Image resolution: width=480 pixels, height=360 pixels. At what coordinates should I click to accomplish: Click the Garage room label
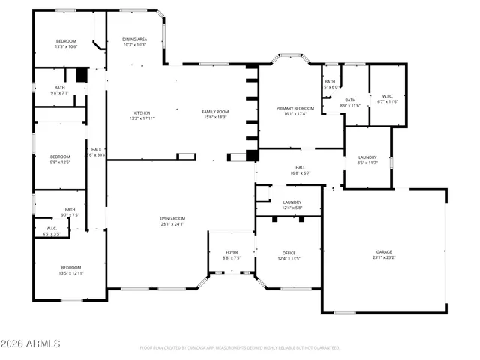(384, 251)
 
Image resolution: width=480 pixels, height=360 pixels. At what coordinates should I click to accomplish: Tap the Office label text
(289, 253)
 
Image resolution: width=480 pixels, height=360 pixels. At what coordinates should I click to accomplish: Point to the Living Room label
(172, 218)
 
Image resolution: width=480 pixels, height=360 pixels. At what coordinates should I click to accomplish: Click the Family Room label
(214, 112)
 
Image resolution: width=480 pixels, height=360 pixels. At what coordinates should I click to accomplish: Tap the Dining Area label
(134, 39)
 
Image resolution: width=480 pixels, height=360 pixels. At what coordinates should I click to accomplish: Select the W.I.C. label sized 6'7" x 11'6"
(388, 96)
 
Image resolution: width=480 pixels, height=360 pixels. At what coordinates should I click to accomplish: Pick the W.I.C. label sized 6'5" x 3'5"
(52, 228)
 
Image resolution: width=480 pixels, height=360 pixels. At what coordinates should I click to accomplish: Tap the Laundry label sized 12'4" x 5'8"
(292, 202)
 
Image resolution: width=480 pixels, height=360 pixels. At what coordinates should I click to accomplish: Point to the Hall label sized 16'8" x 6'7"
(300, 167)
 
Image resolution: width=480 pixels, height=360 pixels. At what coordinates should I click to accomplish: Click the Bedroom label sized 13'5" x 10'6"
(67, 40)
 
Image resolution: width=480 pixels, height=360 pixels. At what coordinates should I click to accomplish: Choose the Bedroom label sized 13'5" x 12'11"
(71, 268)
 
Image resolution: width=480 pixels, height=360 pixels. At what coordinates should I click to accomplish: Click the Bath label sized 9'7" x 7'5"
(70, 210)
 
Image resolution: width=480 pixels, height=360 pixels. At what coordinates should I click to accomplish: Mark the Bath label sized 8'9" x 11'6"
(350, 100)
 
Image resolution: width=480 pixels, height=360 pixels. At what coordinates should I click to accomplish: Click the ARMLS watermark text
(31, 343)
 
